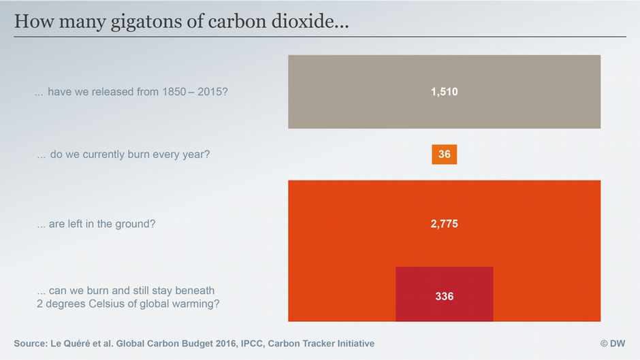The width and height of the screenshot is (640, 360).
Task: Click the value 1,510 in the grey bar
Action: click(x=444, y=92)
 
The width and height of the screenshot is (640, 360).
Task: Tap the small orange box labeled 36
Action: click(x=444, y=154)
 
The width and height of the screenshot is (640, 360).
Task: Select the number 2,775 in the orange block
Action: click(x=444, y=223)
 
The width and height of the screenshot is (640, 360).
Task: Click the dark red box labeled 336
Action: click(x=444, y=296)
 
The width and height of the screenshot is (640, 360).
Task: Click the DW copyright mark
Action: click(x=612, y=344)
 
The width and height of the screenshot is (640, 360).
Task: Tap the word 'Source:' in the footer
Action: click(x=31, y=344)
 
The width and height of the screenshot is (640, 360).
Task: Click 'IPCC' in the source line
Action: click(x=251, y=344)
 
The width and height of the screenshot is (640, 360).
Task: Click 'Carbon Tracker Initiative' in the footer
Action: click(x=321, y=344)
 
